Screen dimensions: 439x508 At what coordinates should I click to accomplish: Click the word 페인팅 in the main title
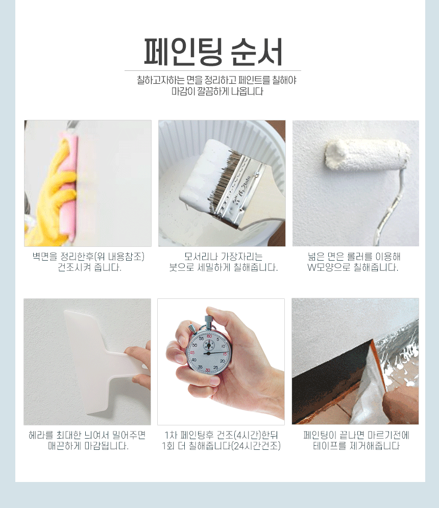[x=183, y=52]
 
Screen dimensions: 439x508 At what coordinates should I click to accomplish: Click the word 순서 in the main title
[x=256, y=52]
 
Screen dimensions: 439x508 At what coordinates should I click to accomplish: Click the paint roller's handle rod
[x=393, y=208]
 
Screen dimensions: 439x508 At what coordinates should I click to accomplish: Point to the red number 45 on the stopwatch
[x=192, y=352]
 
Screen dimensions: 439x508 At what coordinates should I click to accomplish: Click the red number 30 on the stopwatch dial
[x=207, y=370]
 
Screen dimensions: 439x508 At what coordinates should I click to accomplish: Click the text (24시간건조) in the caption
[x=256, y=446]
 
